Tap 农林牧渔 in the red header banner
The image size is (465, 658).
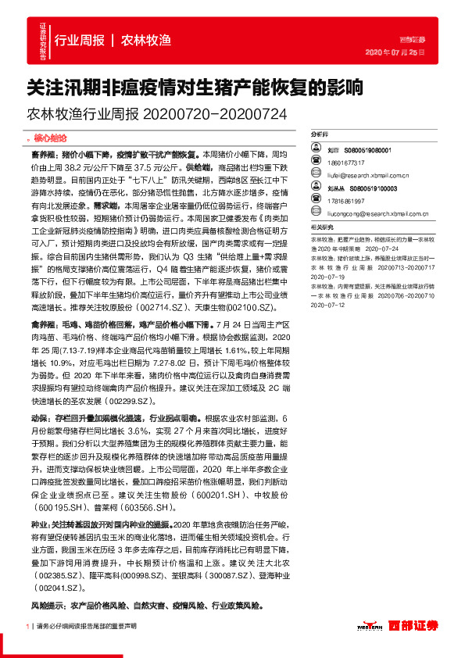(x=146, y=41)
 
